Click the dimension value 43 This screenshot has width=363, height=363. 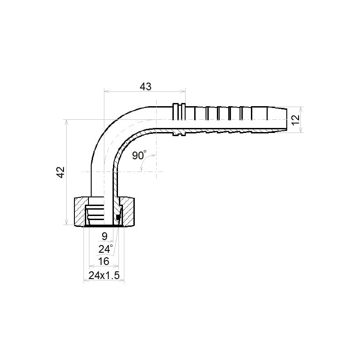pyautogui.click(x=145, y=87)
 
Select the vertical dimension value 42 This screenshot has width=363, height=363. pyautogui.click(x=61, y=172)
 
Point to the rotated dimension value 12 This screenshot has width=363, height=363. pyautogui.click(x=296, y=120)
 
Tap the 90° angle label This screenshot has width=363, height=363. pyautogui.click(x=139, y=155)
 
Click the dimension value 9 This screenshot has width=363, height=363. pyautogui.click(x=104, y=236)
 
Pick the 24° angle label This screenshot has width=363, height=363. pyautogui.click(x=106, y=249)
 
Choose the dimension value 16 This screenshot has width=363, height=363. pyautogui.click(x=103, y=262)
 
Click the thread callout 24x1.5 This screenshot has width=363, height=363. pyautogui.click(x=104, y=275)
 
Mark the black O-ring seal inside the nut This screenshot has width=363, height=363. pyautogui.click(x=118, y=217)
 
